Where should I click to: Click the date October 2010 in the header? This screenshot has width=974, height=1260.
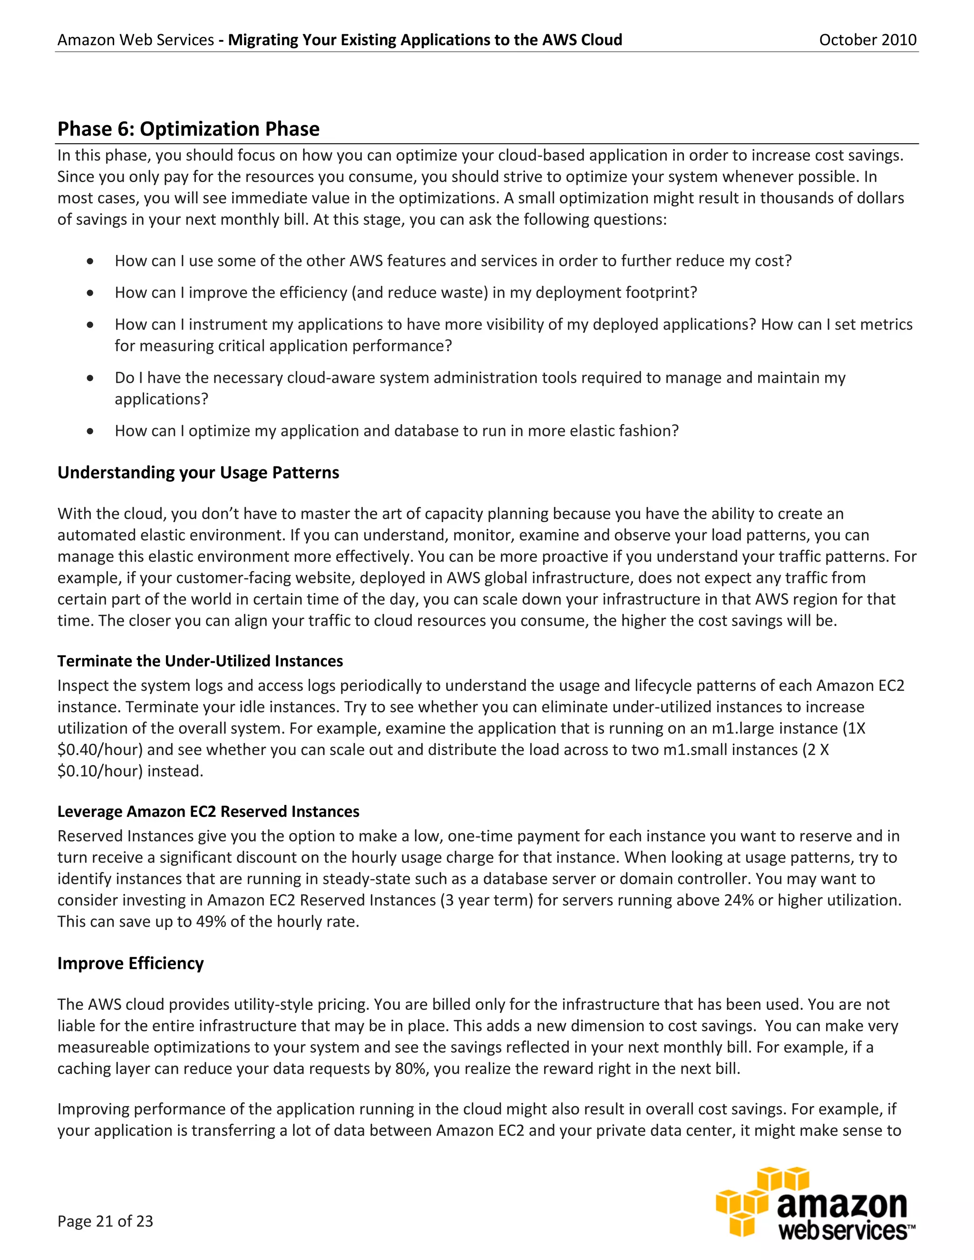point(867,40)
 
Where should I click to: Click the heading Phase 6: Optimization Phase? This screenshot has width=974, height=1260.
point(188,129)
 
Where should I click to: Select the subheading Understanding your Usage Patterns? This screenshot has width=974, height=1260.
point(198,473)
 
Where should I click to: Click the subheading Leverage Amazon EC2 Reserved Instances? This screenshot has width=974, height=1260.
point(208,811)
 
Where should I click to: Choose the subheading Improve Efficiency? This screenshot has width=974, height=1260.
point(130,963)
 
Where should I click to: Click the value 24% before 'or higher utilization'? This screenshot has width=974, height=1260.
point(739,900)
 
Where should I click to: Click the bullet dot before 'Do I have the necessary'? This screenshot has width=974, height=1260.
point(90,378)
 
